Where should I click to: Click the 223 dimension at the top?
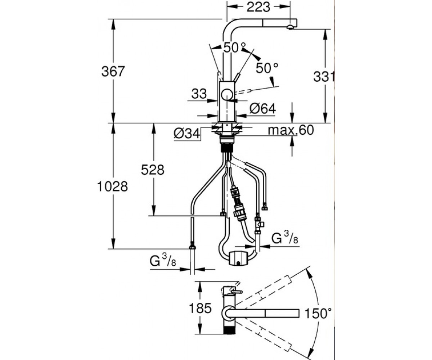(x=258, y=7)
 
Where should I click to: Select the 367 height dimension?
(x=113, y=71)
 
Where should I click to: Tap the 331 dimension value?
(x=324, y=77)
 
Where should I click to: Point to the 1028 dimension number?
(x=112, y=186)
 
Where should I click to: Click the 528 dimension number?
(x=153, y=170)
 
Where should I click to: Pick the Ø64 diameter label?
(x=262, y=108)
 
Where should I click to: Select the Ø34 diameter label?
(x=187, y=134)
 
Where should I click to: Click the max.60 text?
(x=291, y=130)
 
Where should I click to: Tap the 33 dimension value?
(x=199, y=94)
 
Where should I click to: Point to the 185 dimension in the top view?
(x=200, y=308)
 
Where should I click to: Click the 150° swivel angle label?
(x=318, y=313)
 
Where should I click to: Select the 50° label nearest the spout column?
(x=235, y=48)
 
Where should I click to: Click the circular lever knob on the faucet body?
(x=227, y=95)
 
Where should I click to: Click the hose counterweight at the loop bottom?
(x=238, y=258)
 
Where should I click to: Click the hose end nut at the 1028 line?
(x=192, y=247)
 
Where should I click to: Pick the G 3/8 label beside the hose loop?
(x=285, y=238)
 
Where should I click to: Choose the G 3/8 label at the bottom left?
(x=163, y=260)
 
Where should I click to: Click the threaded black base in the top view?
(x=230, y=329)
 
